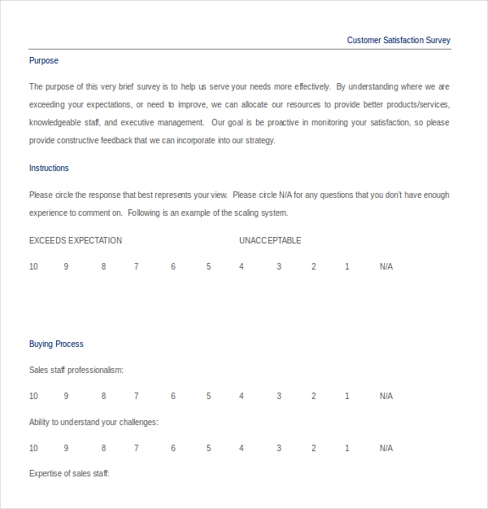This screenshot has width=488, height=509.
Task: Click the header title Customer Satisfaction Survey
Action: coord(399,40)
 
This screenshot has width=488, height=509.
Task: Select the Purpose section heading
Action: coord(44,60)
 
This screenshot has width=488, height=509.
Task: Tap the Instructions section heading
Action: coord(49,168)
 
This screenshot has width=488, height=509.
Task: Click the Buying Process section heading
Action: coord(56,344)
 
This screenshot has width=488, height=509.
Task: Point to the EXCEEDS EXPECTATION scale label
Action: coord(76,240)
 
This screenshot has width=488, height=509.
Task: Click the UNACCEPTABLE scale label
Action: coord(270,240)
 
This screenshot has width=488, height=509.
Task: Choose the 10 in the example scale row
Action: coord(34,266)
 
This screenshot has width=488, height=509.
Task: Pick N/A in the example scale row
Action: coord(386,266)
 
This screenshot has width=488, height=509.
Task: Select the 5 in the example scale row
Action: coord(208,266)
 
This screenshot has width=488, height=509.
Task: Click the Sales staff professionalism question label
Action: coord(76,370)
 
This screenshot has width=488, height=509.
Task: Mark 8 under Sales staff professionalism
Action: coord(103,396)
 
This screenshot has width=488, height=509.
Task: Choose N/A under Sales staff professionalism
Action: coord(386,396)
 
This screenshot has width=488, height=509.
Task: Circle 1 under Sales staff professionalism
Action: coord(347,396)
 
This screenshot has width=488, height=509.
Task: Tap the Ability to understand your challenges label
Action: coord(94,422)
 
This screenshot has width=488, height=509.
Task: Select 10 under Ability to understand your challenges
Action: coord(34,448)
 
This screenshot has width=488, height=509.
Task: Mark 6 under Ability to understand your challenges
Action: coord(173,448)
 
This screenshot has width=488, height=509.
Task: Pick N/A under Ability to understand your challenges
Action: coord(386,448)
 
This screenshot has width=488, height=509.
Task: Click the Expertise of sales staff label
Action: coord(69,473)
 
